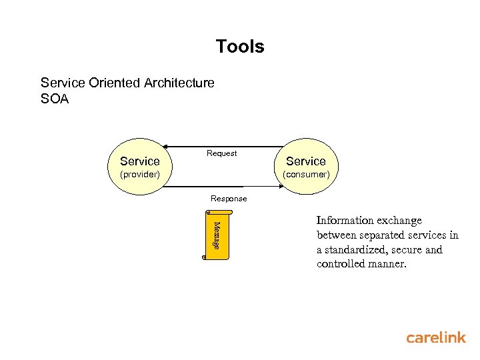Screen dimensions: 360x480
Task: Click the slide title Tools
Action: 240,47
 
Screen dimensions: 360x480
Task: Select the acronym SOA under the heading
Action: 55,99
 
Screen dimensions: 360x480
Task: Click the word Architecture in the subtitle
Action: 179,83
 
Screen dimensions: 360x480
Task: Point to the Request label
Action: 221,153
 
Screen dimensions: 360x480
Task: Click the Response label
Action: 229,199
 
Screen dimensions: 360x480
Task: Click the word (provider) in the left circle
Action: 139,174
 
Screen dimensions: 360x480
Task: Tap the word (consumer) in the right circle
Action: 306,174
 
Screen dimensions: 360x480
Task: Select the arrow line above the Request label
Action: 223,146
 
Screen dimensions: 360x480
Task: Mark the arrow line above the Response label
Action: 223,189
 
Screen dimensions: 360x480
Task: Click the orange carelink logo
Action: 436,337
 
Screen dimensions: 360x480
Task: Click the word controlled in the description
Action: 341,265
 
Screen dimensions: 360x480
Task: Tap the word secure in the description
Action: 406,250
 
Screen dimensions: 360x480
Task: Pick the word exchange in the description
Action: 400,221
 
